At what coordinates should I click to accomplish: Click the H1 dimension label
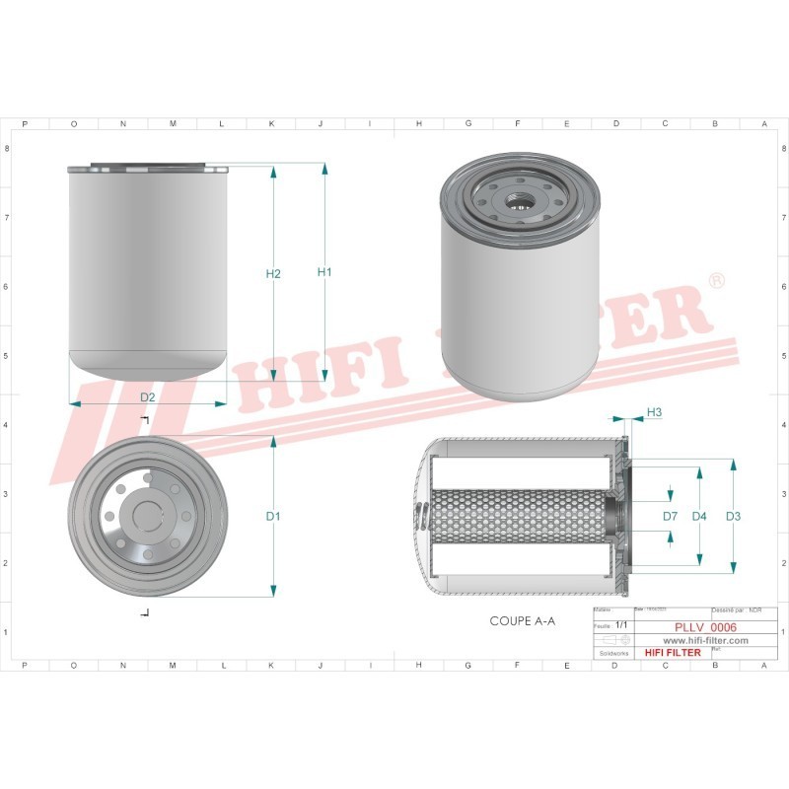point(323,272)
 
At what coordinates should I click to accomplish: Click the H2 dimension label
point(274,273)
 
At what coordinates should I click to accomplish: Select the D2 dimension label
point(147,397)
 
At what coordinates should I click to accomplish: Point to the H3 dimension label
point(654,412)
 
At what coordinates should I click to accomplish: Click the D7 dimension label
point(670,516)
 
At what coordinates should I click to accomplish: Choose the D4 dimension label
point(699,516)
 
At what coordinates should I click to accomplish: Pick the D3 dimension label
point(733,516)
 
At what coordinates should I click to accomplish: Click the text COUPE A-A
point(523,622)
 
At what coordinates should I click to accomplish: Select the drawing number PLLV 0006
point(705,626)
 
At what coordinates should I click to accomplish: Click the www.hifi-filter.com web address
point(697,640)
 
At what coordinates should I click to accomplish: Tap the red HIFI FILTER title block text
point(672,653)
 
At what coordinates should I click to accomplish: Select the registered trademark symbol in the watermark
point(717,281)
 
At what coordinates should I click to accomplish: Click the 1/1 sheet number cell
point(620,626)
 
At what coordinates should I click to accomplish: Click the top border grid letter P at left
point(24,124)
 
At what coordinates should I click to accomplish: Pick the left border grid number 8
point(9,149)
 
